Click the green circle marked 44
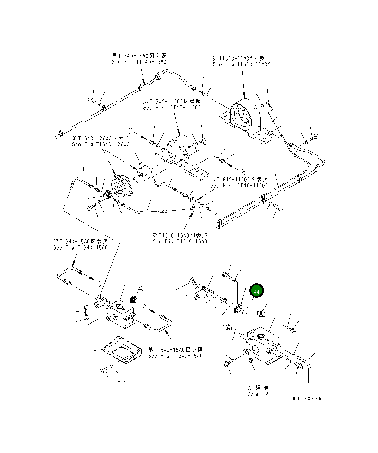coord(256,292)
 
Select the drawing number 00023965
coord(307,398)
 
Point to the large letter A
coord(140,288)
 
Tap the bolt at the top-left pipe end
coord(91,100)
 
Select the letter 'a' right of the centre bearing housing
coord(243,171)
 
